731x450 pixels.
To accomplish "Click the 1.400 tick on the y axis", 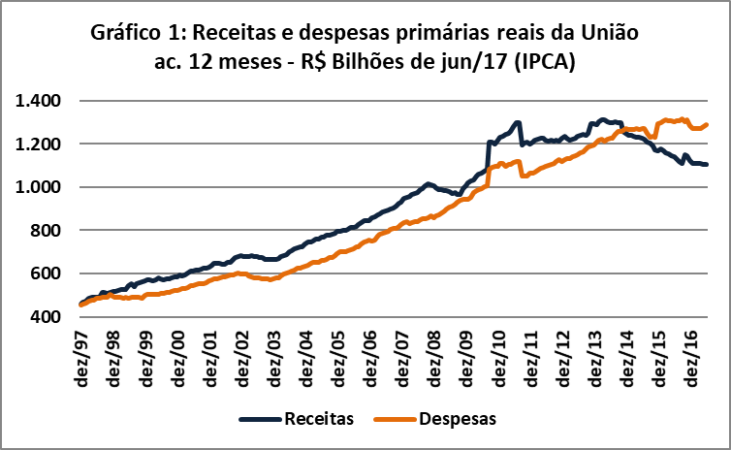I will (40, 101).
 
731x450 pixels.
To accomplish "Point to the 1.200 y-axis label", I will (40, 144).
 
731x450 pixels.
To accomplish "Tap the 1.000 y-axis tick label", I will (40, 187).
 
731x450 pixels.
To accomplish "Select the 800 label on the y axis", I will (47, 231).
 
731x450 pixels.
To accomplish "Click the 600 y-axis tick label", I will (47, 273).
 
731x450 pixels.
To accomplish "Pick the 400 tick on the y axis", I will (47, 317).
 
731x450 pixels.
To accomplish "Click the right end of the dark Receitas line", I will (708, 165).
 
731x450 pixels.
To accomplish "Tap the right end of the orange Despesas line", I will (708, 124).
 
